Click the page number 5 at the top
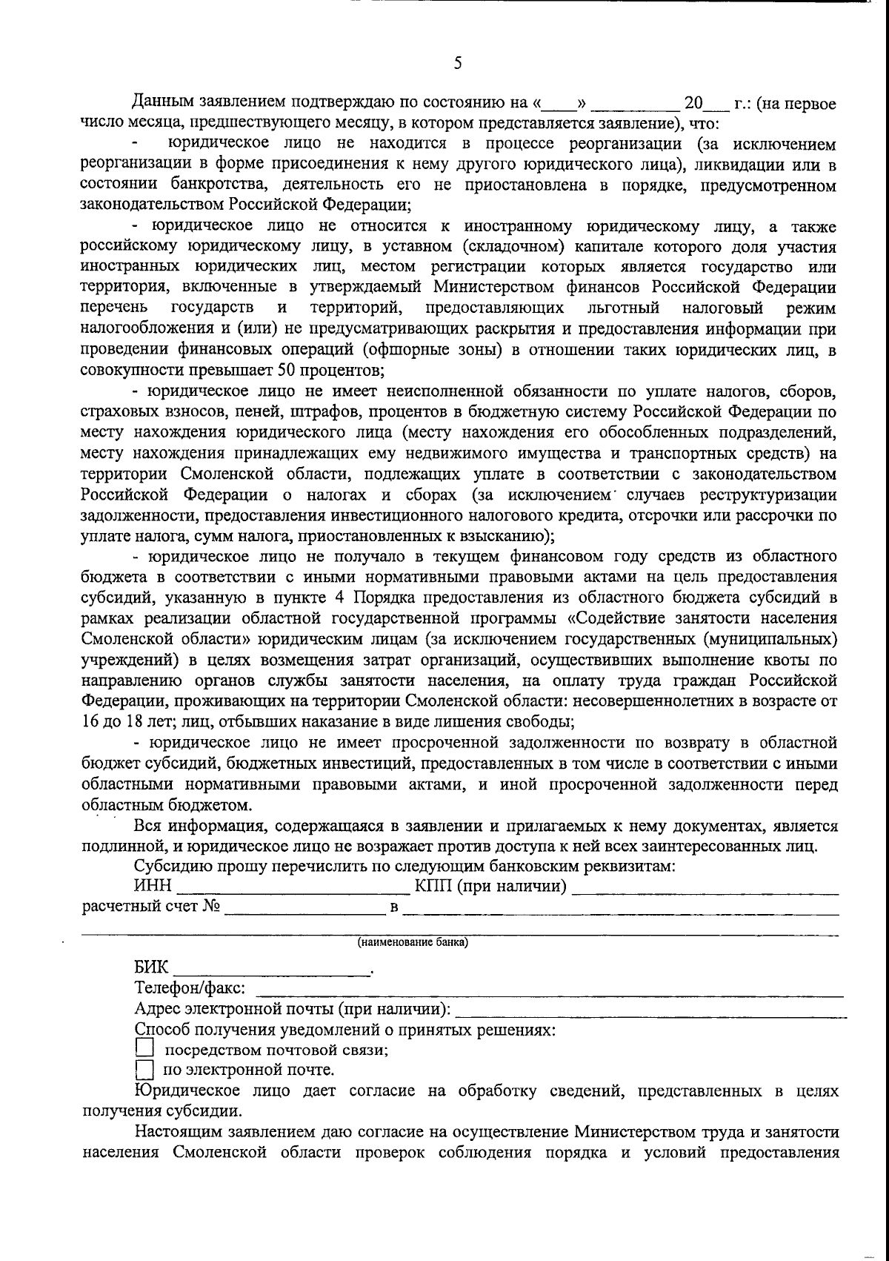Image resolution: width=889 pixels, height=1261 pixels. click(457, 64)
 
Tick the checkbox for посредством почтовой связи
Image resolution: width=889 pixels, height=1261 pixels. click(144, 1048)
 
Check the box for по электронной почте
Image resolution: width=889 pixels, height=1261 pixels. click(144, 1070)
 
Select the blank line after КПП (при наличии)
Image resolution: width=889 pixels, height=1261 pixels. click(706, 886)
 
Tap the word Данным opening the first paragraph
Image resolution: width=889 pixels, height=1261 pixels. click(162, 103)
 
